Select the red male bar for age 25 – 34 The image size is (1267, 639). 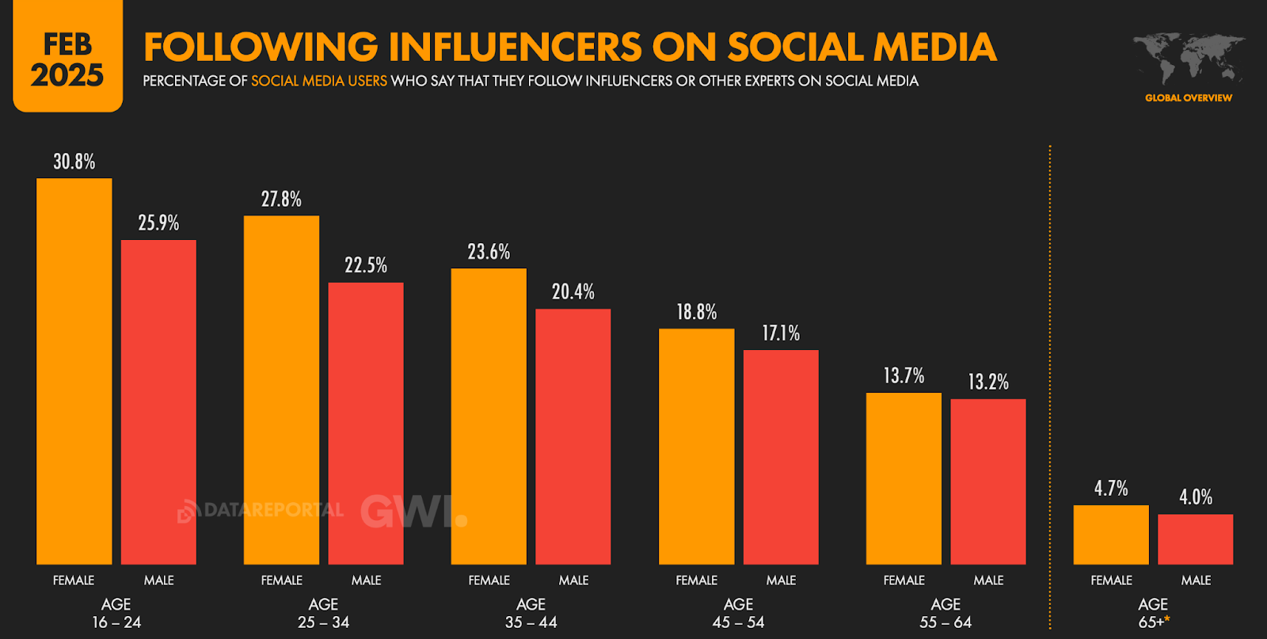[366, 423]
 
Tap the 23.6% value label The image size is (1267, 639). [489, 252]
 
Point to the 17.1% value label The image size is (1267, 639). [781, 333]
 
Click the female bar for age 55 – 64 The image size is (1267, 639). [904, 478]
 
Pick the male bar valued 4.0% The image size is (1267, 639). [1195, 539]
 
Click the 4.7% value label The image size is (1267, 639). [1111, 489]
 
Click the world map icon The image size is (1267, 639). [1188, 59]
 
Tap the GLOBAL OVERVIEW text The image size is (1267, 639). [1188, 98]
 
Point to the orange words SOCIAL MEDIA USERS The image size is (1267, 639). [319, 81]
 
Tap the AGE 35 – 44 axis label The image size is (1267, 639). [531, 613]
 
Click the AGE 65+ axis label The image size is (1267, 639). [1153, 613]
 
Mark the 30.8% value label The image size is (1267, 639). [74, 162]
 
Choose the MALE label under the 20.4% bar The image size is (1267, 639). [573, 580]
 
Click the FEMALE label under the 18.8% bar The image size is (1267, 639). [696, 580]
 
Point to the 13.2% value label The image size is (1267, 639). [988, 382]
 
